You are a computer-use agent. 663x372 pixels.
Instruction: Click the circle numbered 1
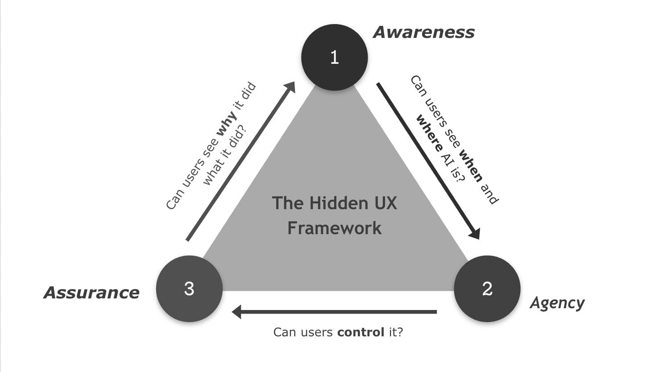(x=334, y=58)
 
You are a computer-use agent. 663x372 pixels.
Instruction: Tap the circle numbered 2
(x=487, y=289)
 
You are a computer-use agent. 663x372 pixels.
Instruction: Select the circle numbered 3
(x=189, y=289)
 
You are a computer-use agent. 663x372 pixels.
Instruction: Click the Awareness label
(x=423, y=32)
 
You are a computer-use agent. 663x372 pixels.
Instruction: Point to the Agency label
(x=557, y=303)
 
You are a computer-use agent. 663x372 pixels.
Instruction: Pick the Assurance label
(x=91, y=293)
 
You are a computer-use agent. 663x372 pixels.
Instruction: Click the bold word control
(x=361, y=332)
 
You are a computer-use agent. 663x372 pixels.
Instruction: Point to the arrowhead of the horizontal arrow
(x=236, y=311)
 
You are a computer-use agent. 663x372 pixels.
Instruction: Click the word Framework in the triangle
(x=334, y=228)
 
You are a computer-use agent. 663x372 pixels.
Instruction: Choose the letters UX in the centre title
(x=384, y=203)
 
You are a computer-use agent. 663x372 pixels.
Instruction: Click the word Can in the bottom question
(x=284, y=332)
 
